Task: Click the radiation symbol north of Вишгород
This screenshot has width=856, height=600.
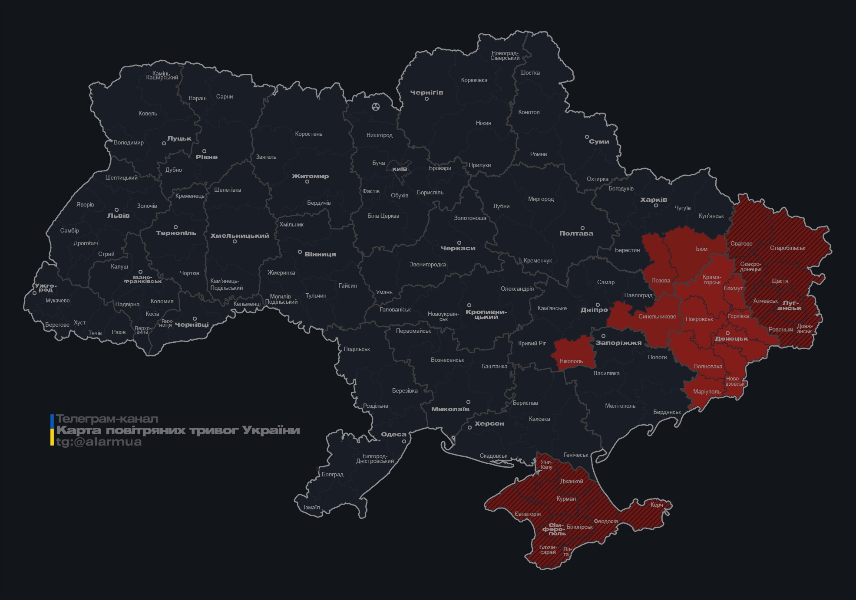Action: (x=376, y=106)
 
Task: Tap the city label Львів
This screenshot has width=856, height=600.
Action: (x=118, y=216)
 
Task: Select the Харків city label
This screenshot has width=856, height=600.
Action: (x=654, y=200)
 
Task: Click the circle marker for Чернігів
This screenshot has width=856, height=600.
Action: (x=426, y=99)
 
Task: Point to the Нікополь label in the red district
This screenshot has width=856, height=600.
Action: (x=571, y=361)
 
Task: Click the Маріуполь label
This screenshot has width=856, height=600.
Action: (x=707, y=391)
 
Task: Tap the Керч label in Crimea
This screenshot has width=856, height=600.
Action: (x=657, y=505)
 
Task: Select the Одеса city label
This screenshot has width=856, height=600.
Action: (x=393, y=434)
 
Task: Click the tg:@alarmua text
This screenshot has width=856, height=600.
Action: (x=99, y=442)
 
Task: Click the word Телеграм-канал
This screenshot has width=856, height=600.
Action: (x=107, y=419)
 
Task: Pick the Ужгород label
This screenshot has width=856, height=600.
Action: (x=46, y=288)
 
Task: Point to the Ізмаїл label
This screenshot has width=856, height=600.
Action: (x=312, y=507)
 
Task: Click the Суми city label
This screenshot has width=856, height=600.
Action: (x=599, y=141)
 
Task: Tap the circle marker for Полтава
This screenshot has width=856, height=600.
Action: (x=582, y=228)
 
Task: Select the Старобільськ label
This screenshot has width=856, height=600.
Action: (x=787, y=248)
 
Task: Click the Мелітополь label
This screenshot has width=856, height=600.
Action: (x=620, y=406)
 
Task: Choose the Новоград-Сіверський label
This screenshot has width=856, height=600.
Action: (x=505, y=56)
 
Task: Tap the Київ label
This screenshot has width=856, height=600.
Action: (x=400, y=168)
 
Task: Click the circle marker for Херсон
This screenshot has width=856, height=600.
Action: (x=469, y=427)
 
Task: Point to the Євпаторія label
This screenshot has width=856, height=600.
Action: (x=528, y=514)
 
